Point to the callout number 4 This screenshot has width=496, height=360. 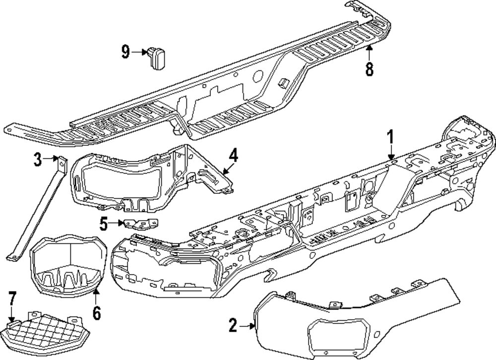[x=233, y=156]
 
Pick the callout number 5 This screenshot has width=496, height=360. [x=103, y=224]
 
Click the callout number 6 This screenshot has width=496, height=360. [x=96, y=312]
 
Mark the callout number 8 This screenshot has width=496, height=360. [x=369, y=69]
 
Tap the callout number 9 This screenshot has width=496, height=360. [x=125, y=51]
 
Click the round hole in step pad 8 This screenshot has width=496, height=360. [x=258, y=77]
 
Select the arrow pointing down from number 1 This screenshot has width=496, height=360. [x=390, y=151]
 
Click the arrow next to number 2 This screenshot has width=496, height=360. [x=247, y=326]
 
